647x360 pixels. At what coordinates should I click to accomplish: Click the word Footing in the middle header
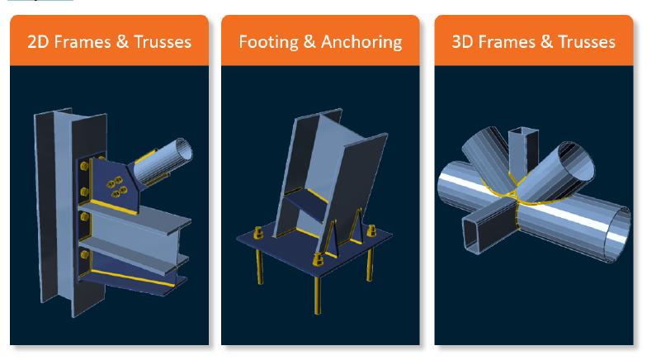coord(269,42)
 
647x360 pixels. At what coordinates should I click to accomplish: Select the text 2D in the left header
coord(38,42)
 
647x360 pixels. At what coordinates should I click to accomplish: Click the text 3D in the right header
coord(462,42)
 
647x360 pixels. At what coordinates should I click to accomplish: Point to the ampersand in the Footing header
coord(309,42)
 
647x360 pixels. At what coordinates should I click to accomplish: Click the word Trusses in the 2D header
coord(163,42)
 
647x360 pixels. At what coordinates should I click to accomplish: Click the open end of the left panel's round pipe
coord(183,149)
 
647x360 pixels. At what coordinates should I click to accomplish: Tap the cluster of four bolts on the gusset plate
coord(116,187)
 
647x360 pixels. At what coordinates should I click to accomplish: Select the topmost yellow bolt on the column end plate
coord(84,167)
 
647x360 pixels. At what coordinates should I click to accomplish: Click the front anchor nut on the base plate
coord(318,259)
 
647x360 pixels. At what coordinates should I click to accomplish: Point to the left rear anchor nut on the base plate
coord(259,233)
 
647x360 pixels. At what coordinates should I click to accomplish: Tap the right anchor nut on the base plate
coord(371,231)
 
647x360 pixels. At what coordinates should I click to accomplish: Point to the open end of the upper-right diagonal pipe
coord(577,161)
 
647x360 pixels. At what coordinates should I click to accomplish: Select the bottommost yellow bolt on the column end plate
coord(84,255)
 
